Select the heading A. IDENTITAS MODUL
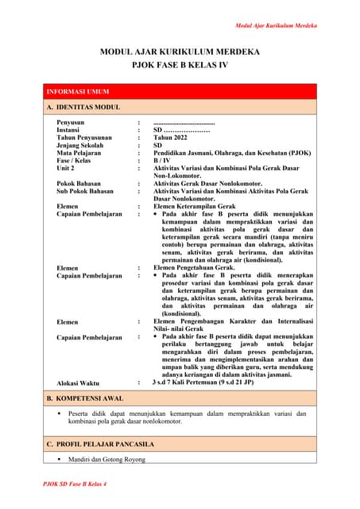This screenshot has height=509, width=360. pyautogui.click(x=83, y=107)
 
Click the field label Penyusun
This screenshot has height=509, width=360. pyautogui.click(x=71, y=122)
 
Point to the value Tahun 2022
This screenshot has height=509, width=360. pyautogui.click(x=172, y=138)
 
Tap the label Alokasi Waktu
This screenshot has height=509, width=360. pyautogui.click(x=78, y=383)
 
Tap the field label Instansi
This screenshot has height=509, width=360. pyautogui.click(x=68, y=130)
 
